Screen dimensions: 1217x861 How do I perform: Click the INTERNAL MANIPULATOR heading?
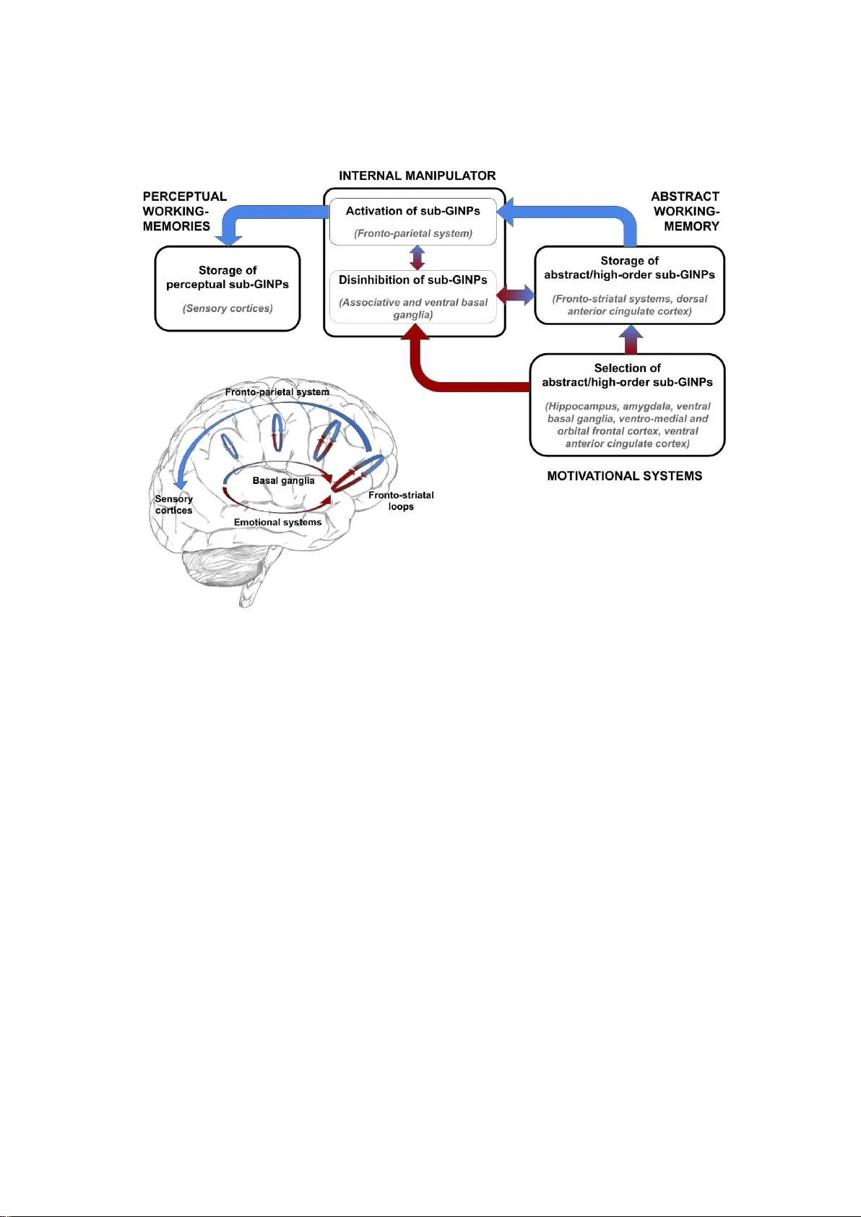(x=417, y=176)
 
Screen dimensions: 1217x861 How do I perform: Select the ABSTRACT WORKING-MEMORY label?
(x=685, y=211)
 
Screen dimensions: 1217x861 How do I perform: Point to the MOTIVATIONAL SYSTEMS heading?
(x=624, y=476)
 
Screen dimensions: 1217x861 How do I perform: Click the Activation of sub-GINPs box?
(x=412, y=221)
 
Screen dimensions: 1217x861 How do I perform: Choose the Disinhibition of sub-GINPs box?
(x=412, y=296)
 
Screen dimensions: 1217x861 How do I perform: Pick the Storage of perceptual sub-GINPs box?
(x=228, y=288)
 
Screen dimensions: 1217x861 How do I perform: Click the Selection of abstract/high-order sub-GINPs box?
(x=627, y=404)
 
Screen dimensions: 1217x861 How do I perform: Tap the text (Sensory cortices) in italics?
(x=228, y=308)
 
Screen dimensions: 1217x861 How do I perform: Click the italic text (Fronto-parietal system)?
(x=412, y=233)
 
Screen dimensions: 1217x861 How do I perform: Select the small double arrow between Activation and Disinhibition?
(x=417, y=258)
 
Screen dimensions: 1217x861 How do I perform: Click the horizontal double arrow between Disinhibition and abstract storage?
(x=516, y=295)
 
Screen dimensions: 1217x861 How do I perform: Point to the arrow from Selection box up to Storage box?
(x=631, y=339)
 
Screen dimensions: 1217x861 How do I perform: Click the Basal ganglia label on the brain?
(x=283, y=480)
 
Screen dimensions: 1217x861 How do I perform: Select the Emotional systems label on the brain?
(x=277, y=522)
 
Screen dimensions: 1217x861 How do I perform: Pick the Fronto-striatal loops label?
(x=401, y=501)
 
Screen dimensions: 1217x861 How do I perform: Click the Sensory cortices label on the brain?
(x=173, y=504)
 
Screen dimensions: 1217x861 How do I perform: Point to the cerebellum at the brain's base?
(x=217, y=567)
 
